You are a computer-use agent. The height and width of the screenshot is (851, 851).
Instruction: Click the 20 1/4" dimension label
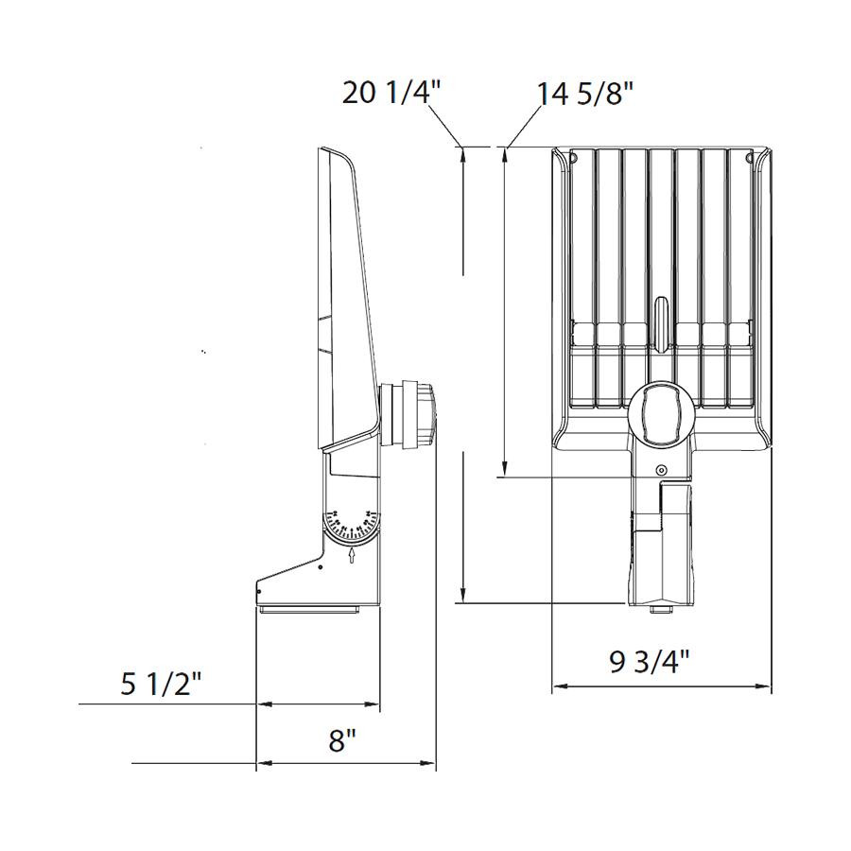391,94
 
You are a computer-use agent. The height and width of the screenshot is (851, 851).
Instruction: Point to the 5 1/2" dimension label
162,684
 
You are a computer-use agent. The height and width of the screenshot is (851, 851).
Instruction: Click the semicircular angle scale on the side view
352,522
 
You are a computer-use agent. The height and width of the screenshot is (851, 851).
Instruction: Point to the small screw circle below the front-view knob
661,471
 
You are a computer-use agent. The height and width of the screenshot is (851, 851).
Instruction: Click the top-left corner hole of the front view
573,156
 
